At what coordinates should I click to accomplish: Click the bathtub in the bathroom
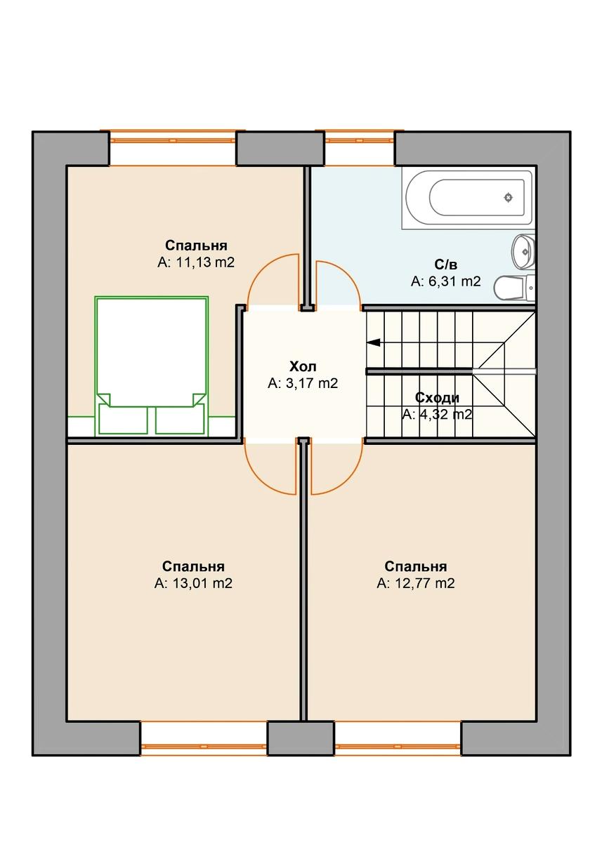click(x=467, y=198)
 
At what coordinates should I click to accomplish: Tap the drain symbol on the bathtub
click(x=509, y=198)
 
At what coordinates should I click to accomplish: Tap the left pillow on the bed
click(x=123, y=419)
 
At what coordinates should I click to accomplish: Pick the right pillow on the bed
click(x=180, y=419)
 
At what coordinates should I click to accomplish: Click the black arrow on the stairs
click(x=374, y=343)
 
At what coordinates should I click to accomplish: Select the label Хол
click(x=303, y=367)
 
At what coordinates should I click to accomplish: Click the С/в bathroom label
click(x=446, y=265)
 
